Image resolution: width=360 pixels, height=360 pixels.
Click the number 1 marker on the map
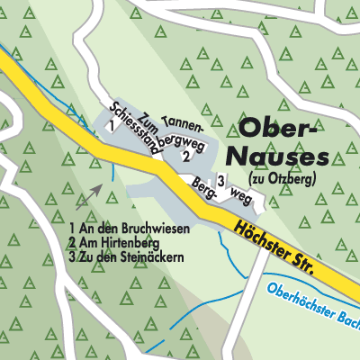[x=109, y=127]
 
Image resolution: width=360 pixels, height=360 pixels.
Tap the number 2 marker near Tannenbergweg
[x=185, y=156]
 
